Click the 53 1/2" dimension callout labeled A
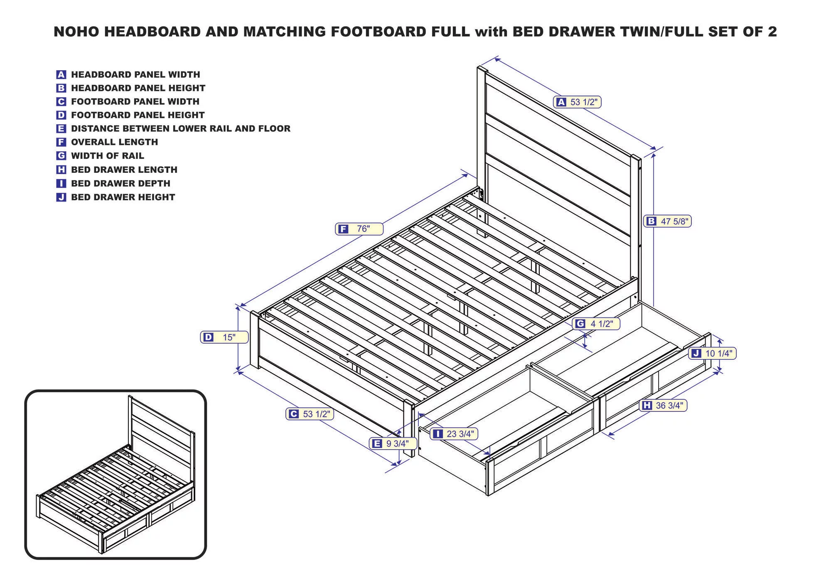coord(577,102)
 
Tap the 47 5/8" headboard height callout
coord(668,221)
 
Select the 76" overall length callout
coord(359,229)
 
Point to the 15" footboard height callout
coord(224,337)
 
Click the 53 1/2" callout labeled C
coord(310,414)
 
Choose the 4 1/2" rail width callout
coord(596,324)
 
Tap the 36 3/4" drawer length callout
coord(664,405)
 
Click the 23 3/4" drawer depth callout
coord(454,434)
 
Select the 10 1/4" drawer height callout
coord(713,353)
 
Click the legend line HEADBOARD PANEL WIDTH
coord(135,75)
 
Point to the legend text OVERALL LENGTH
coord(114,142)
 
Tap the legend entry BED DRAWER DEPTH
coord(120,183)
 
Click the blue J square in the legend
coord(61,197)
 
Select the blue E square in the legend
coord(61,129)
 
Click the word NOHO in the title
coord(76,32)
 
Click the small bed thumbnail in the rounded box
coord(116,475)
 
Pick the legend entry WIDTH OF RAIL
coord(107,156)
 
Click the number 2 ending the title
coord(772,32)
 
